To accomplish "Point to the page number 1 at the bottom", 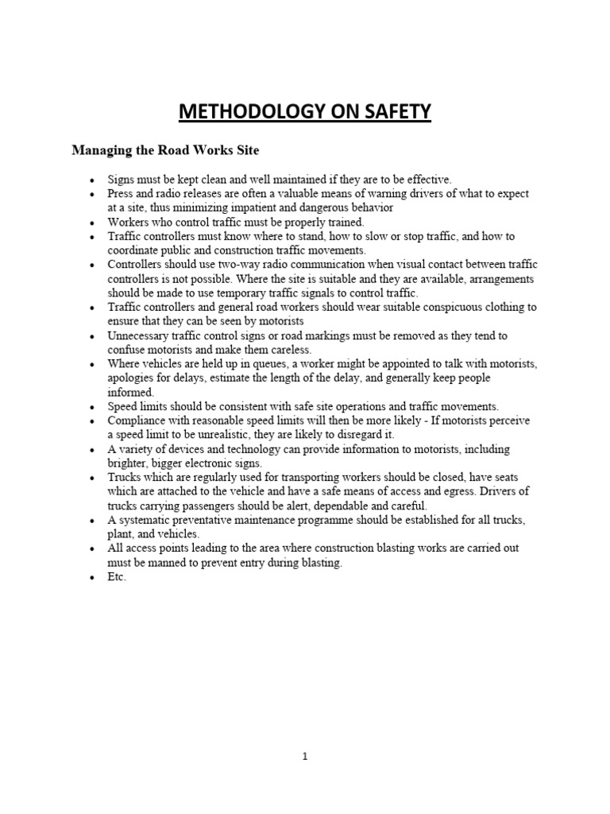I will tap(305, 757).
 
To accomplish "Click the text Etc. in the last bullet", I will tap(117, 577).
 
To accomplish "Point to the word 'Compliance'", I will tap(138, 421).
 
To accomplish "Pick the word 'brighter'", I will tap(130, 463).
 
